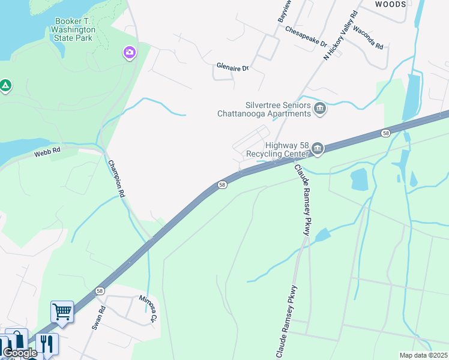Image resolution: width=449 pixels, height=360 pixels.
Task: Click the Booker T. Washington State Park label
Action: click(73, 29)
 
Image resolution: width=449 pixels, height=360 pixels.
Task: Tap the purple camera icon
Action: click(129, 53)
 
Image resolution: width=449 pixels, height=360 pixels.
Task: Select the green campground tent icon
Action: click(5, 86)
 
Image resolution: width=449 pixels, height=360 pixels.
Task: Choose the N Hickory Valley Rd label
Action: click(340, 35)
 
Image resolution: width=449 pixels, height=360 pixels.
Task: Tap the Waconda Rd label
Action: click(368, 38)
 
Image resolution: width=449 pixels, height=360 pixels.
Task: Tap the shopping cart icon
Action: click(62, 312)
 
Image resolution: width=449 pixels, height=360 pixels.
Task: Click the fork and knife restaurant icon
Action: click(46, 344)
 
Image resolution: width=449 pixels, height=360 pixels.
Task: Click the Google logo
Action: click(20, 353)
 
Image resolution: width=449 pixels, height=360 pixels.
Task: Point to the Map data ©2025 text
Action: click(423, 355)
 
